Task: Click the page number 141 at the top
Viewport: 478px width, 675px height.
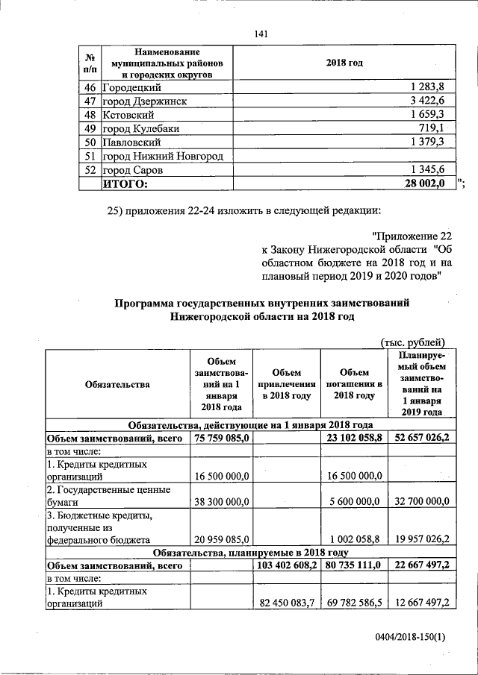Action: click(x=261, y=34)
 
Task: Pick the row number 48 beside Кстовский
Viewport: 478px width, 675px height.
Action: click(x=90, y=115)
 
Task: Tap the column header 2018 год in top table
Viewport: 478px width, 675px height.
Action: click(x=344, y=63)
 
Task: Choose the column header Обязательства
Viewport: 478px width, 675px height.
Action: click(x=117, y=384)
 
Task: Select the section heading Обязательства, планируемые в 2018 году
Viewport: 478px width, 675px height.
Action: click(x=251, y=553)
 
